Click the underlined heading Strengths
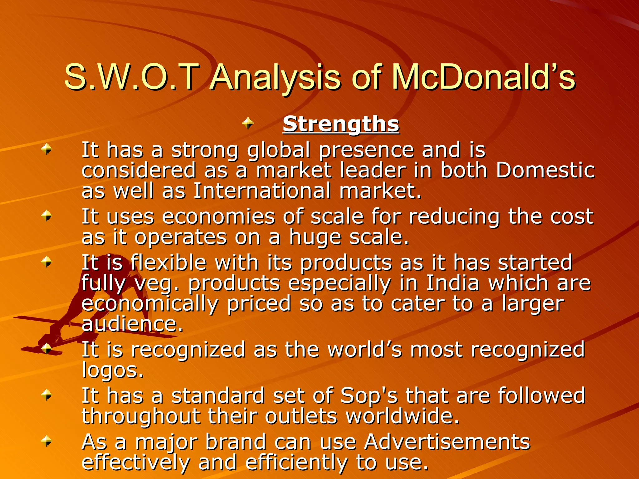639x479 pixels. click(341, 124)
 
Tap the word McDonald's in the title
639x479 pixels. click(483, 77)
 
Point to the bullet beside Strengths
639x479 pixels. click(248, 123)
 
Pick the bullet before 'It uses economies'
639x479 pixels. click(47, 215)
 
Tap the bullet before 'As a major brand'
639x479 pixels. click(47, 441)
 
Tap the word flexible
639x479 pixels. click(168, 263)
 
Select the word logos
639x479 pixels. click(112, 370)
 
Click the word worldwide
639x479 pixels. click(402, 416)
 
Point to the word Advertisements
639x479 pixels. click(447, 442)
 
